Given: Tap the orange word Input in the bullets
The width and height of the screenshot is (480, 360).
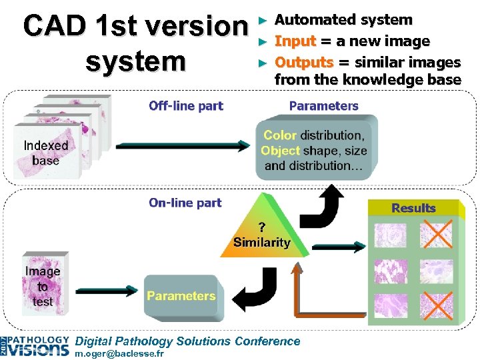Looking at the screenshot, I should pyautogui.click(x=295, y=41).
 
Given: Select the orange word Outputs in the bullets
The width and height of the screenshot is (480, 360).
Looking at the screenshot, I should pyautogui.click(x=303, y=63).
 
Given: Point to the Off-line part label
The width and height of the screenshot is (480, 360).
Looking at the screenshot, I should pyautogui.click(x=186, y=106).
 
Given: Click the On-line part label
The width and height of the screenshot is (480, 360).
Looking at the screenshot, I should pyautogui.click(x=185, y=203).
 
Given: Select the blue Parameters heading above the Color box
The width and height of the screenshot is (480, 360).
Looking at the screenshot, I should pyautogui.click(x=323, y=106).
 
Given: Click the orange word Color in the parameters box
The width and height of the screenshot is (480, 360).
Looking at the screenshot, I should pyautogui.click(x=280, y=135).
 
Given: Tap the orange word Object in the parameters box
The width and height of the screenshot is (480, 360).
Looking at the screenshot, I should pyautogui.click(x=280, y=151).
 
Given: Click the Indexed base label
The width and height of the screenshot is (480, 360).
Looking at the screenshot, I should pyautogui.click(x=45, y=153).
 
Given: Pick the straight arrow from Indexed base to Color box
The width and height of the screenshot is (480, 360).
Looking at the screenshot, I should pyautogui.click(x=181, y=146).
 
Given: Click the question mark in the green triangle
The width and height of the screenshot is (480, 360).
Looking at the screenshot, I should pyautogui.click(x=262, y=227).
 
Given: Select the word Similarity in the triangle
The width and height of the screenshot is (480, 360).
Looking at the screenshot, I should pyautogui.click(x=261, y=242).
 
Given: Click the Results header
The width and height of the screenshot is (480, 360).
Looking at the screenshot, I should pyautogui.click(x=413, y=208).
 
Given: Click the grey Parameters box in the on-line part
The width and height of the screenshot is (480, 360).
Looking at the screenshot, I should pyautogui.click(x=181, y=295).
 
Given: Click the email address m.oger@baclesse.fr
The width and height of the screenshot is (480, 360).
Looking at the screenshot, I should pyautogui.click(x=120, y=353).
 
